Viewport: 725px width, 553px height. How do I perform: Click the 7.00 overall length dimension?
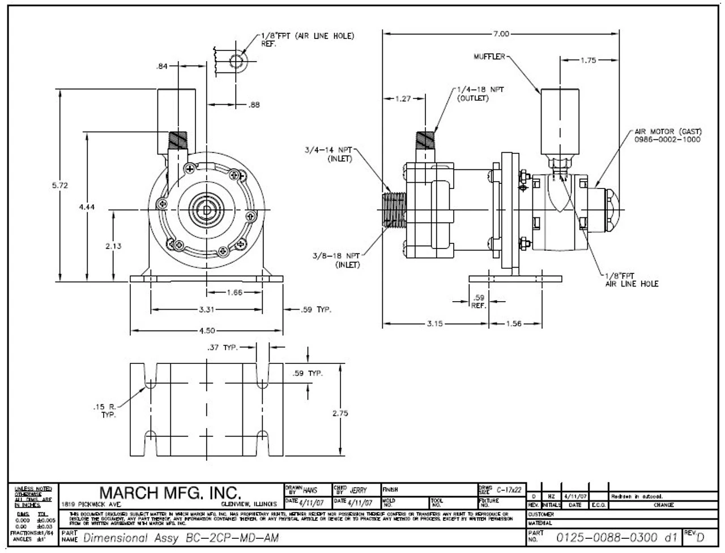pyautogui.click(x=500, y=34)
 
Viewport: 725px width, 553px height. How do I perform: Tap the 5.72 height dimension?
pyautogui.click(x=59, y=185)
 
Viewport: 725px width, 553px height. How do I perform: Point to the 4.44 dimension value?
pyautogui.click(x=87, y=207)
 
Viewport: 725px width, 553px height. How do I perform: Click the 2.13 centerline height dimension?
pyautogui.click(x=113, y=246)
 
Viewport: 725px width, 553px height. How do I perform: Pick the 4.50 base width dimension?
pyautogui.click(x=207, y=331)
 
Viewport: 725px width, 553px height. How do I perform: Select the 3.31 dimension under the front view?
pyautogui.click(x=207, y=310)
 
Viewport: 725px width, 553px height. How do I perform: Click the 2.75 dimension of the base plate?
pyautogui.click(x=340, y=413)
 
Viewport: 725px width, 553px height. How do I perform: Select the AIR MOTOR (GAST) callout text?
pyautogui.click(x=667, y=135)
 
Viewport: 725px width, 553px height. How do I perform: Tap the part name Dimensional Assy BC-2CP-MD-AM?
pyautogui.click(x=181, y=538)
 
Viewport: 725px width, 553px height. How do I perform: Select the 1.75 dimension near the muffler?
pyautogui.click(x=588, y=60)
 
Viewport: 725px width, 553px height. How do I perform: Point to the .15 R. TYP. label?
pyautogui.click(x=104, y=411)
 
